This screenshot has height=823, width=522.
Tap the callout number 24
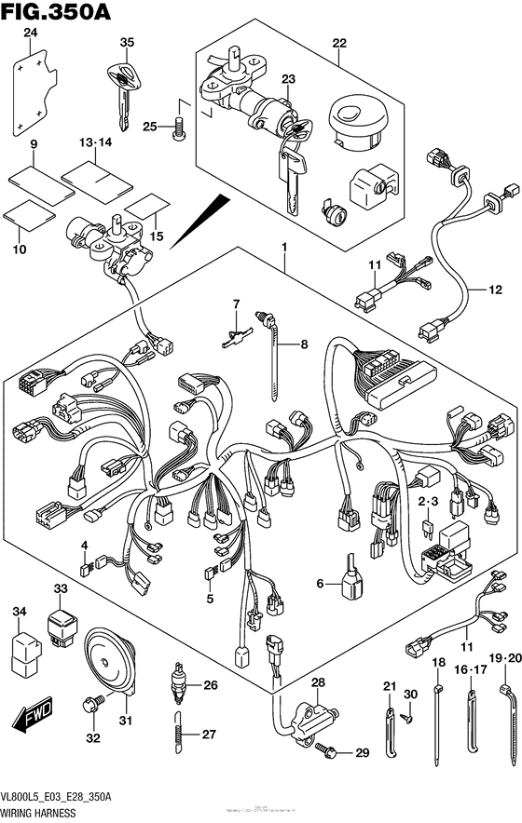tap(30, 34)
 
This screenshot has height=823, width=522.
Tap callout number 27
tap(210, 735)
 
